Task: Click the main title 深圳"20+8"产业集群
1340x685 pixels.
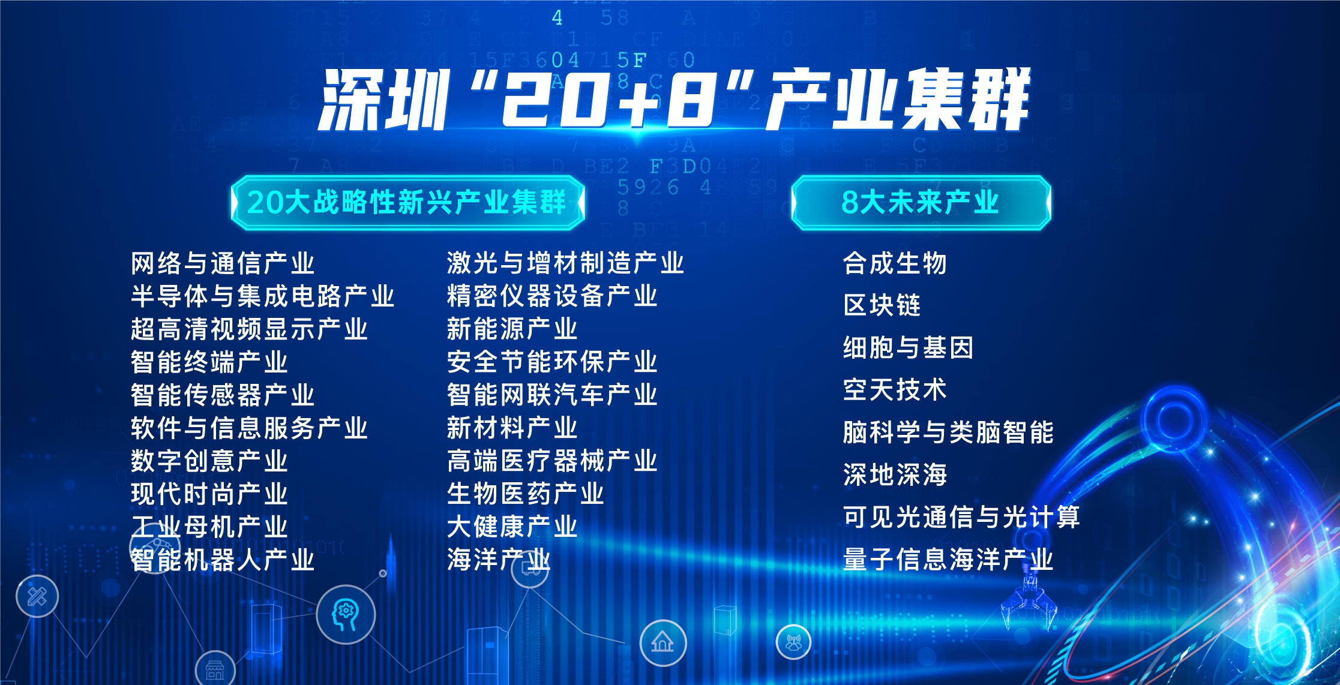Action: click(x=675, y=100)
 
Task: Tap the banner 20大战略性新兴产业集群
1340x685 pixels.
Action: click(x=407, y=202)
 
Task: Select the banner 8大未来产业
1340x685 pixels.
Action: click(x=921, y=202)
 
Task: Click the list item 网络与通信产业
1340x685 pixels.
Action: click(x=223, y=263)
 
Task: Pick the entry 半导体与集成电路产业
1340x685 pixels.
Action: click(x=263, y=296)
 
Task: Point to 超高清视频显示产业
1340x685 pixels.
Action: click(x=249, y=329)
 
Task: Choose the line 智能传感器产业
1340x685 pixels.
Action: click(x=223, y=395)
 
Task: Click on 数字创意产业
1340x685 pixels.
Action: click(x=209, y=461)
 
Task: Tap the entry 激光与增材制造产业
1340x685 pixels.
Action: click(x=565, y=263)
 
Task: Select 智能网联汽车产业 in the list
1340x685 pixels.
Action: click(x=552, y=395)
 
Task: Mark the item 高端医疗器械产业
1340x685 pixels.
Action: click(x=552, y=461)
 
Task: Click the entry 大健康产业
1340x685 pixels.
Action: click(x=512, y=527)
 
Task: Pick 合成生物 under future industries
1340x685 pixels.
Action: click(x=895, y=263)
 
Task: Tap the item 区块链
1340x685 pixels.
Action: click(x=882, y=305)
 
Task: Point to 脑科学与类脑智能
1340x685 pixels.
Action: click(x=948, y=432)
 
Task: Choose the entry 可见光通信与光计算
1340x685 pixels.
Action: click(x=961, y=517)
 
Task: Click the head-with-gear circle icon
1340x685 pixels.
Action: click(x=346, y=615)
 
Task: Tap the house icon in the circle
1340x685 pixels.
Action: click(x=663, y=642)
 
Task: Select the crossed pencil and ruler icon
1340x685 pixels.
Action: click(x=37, y=596)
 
